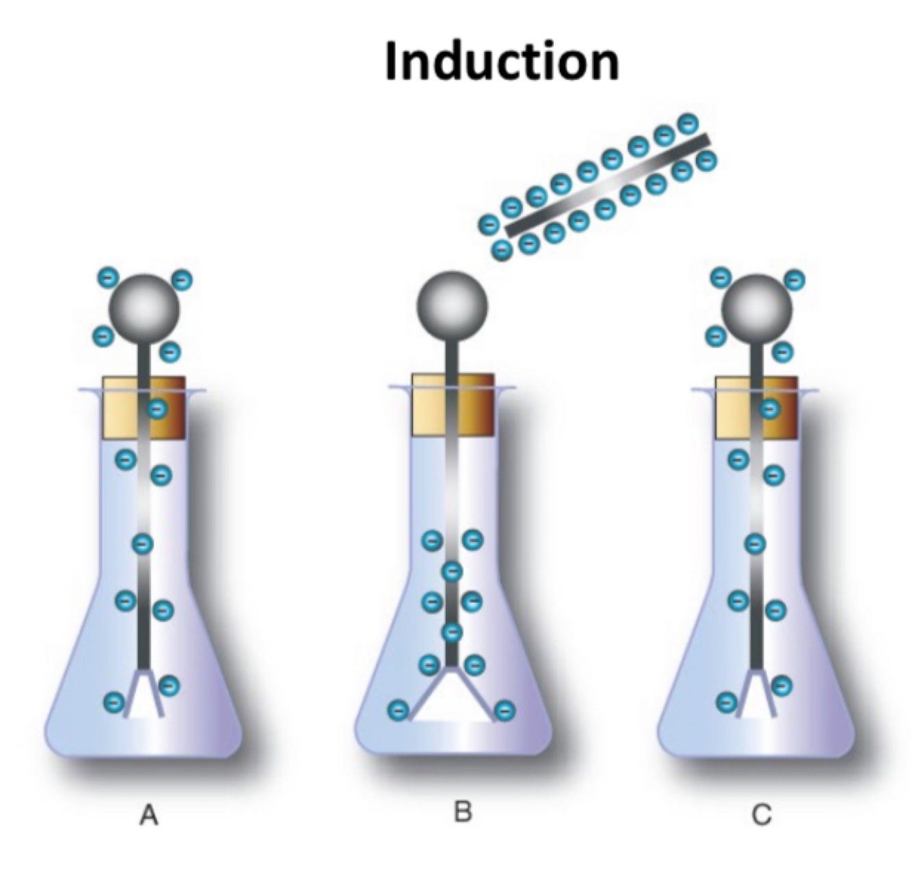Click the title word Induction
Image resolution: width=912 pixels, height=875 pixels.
[501, 62]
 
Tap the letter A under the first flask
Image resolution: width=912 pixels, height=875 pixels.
[149, 815]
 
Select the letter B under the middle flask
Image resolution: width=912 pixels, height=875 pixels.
[463, 812]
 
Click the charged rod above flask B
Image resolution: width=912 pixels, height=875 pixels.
[607, 185]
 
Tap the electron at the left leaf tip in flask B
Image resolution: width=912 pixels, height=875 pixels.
[397, 711]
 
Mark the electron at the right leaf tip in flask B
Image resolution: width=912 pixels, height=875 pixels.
[505, 711]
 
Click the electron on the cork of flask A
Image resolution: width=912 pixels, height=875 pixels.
[158, 409]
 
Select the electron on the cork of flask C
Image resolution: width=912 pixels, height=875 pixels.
[770, 409]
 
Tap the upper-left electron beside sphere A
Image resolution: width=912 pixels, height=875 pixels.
[108, 277]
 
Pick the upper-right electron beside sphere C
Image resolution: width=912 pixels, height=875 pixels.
[794, 279]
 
